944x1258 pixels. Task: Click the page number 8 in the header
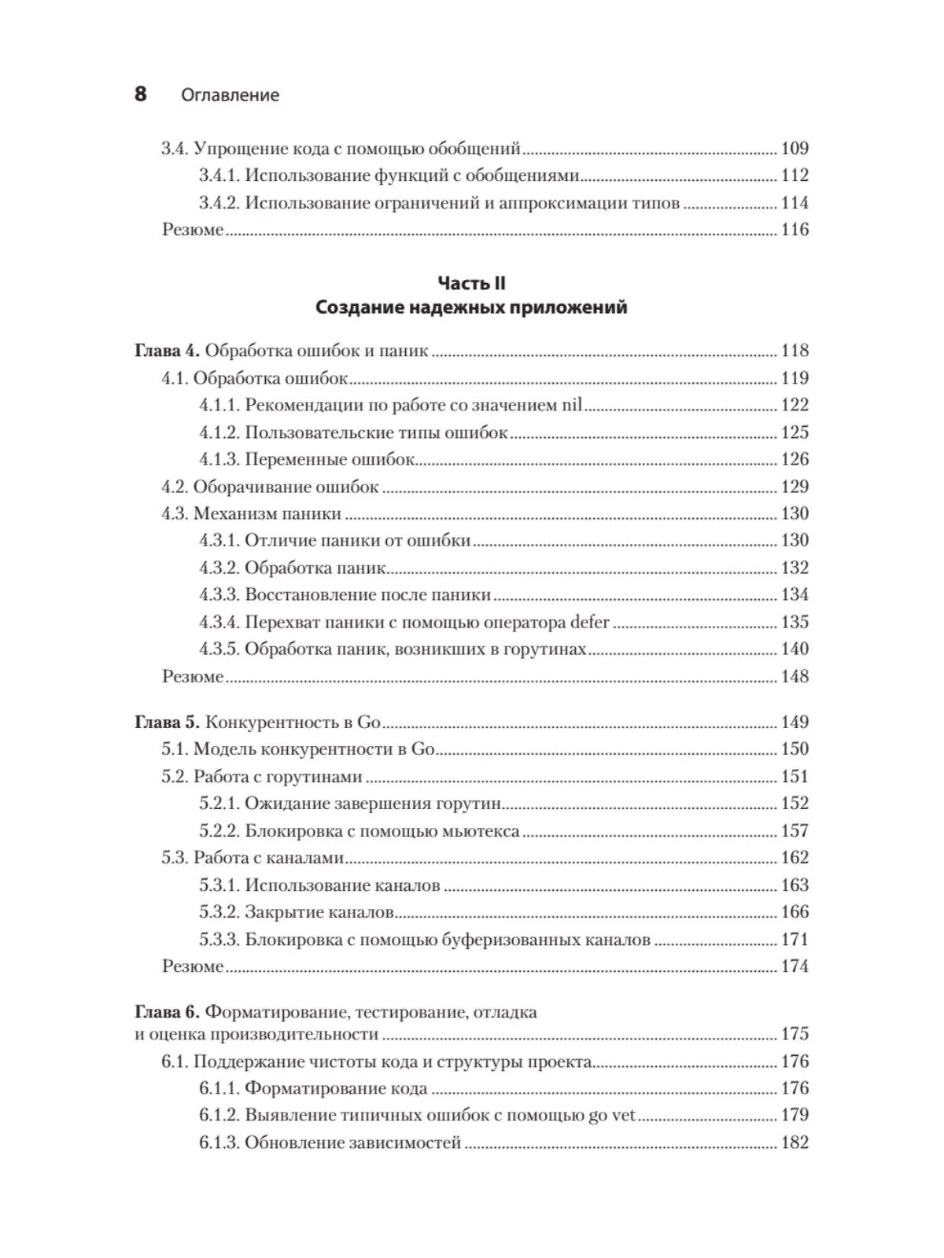(140, 94)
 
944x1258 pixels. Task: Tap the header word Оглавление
(230, 95)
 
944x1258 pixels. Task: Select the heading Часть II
(471, 283)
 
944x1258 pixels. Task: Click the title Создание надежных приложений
(471, 307)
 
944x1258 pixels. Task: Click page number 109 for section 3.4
(795, 149)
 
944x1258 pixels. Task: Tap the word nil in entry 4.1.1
(572, 405)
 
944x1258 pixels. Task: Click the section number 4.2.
(175, 487)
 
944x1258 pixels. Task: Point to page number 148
(795, 676)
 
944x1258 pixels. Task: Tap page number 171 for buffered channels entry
(795, 940)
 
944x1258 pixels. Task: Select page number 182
(795, 1143)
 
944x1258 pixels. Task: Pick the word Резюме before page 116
(193, 230)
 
